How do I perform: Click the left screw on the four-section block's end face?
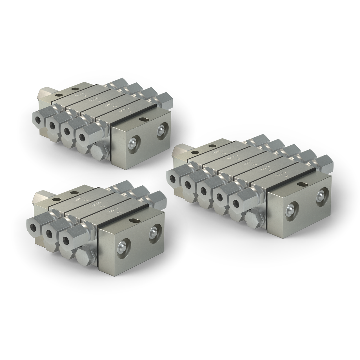(x=132, y=143)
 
